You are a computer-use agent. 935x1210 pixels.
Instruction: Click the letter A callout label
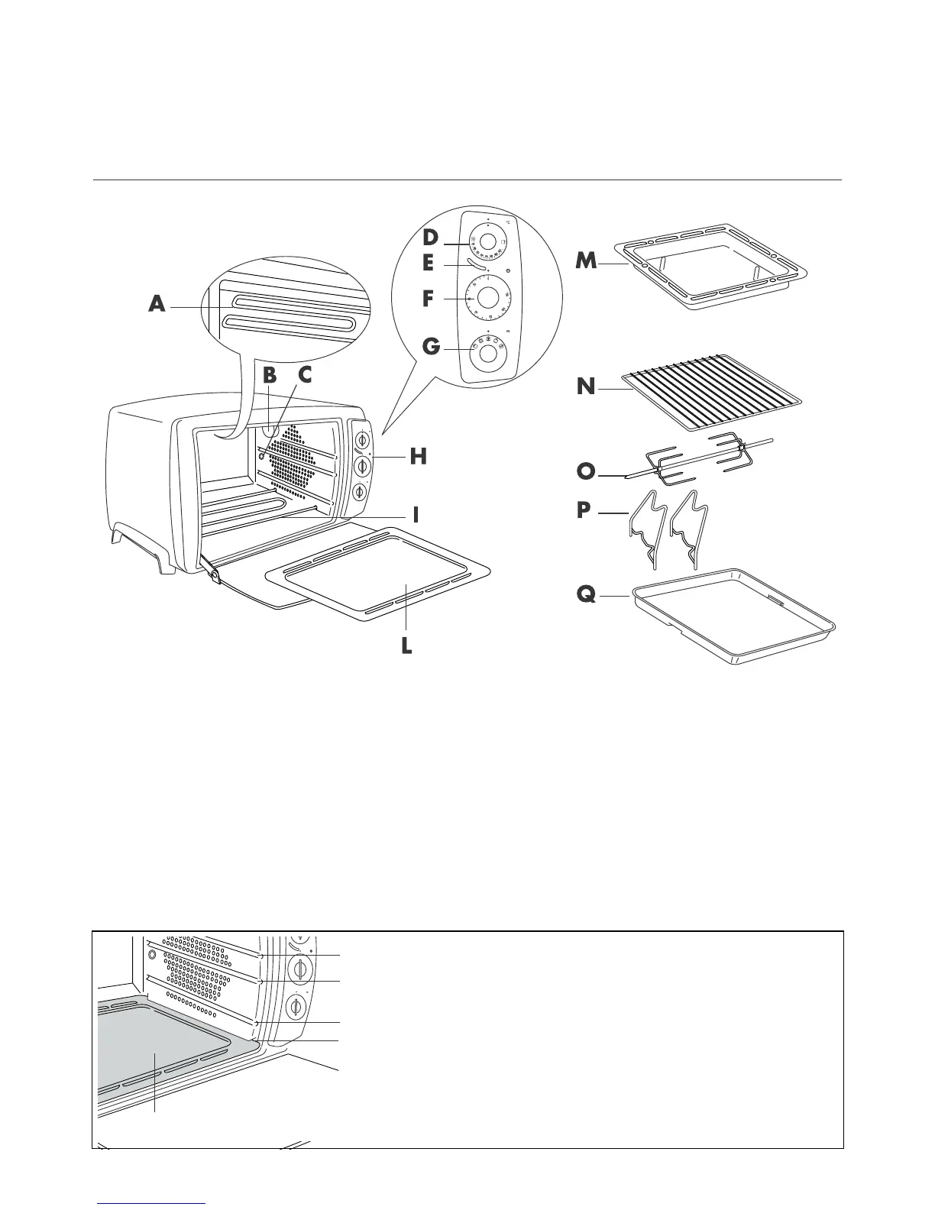tap(157, 305)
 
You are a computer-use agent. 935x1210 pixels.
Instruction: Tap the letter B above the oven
tap(268, 376)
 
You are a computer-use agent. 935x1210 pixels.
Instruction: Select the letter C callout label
tap(305, 376)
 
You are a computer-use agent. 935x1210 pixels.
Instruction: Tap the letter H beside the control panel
tap(418, 457)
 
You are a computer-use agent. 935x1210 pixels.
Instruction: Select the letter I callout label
tap(416, 515)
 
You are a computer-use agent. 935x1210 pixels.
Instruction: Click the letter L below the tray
tap(406, 646)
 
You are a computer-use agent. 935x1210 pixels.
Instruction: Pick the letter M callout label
tap(587, 261)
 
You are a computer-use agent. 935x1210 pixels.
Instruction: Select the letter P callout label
tap(584, 510)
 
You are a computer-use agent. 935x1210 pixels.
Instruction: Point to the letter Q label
tap(586, 594)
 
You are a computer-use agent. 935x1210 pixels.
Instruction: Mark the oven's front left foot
tap(163, 562)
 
